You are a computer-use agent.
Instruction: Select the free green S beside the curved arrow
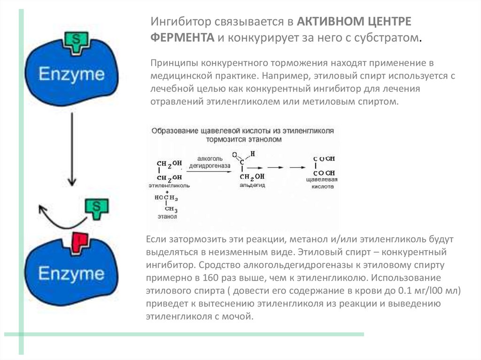[x=96, y=207]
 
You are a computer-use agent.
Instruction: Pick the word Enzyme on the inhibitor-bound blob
[x=71, y=274]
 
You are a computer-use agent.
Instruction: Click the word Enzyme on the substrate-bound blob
[x=71, y=75]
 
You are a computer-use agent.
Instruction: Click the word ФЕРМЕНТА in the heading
[x=182, y=38]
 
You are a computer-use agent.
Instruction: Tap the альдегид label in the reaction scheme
[x=252, y=186]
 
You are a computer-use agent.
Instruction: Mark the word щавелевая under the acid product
[x=322, y=180]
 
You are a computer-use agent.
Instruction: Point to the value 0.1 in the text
[x=400, y=291]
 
